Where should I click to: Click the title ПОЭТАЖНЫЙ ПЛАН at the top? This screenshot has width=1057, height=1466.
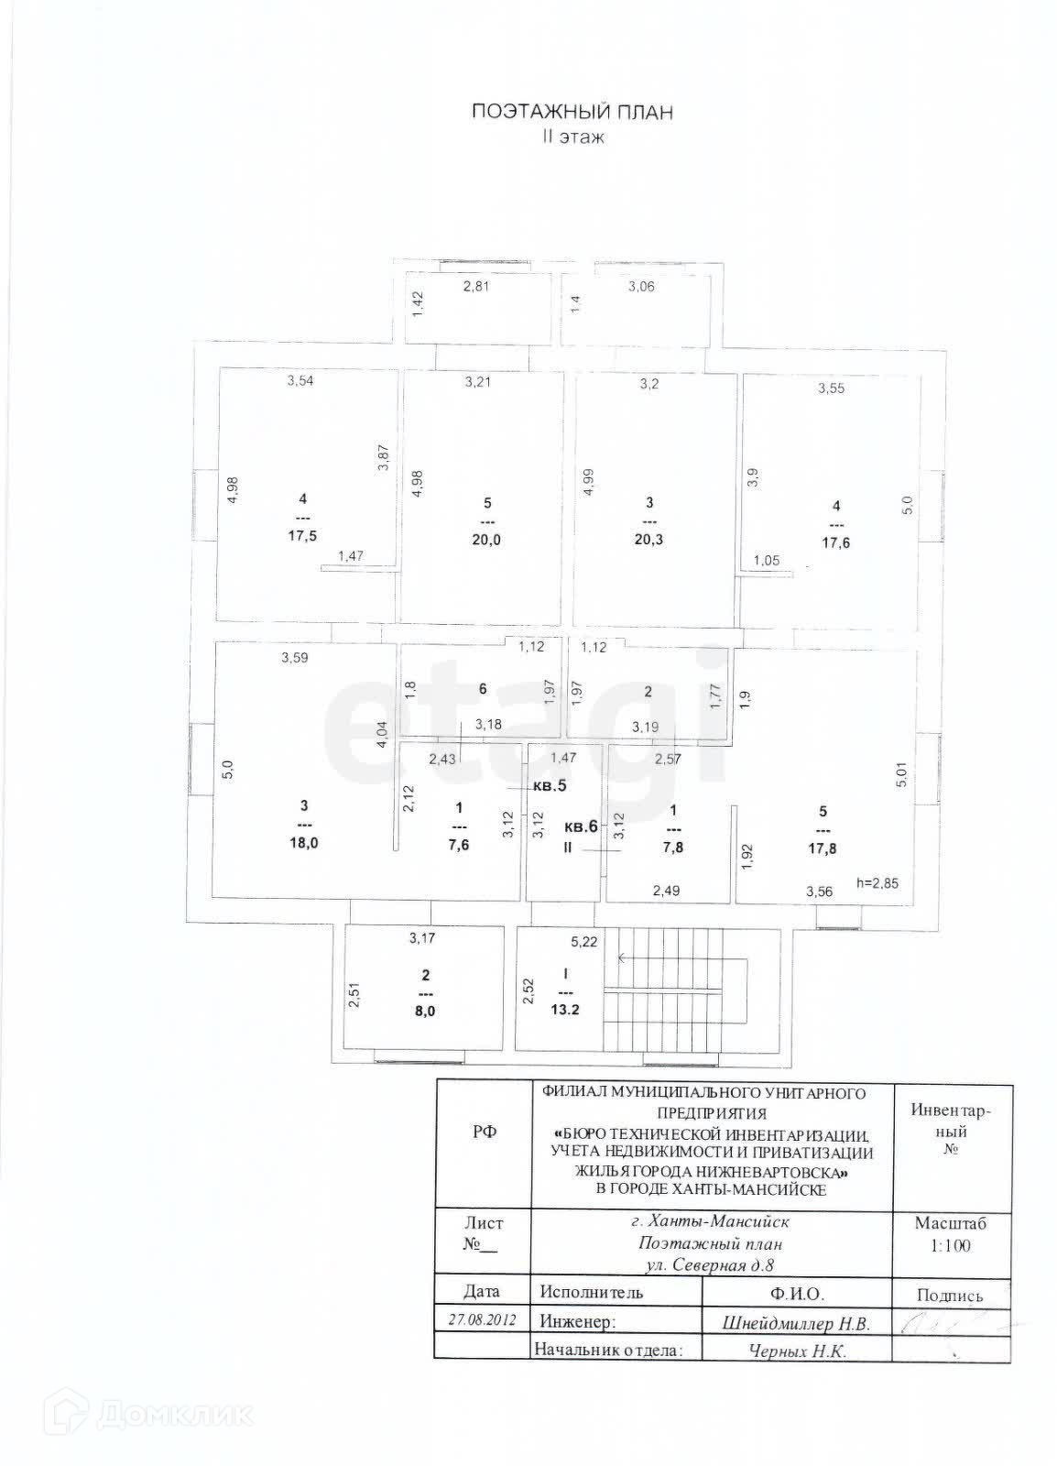572,113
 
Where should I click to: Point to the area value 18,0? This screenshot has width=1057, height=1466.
303,843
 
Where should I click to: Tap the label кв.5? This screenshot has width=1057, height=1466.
550,786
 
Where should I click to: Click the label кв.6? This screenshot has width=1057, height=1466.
581,826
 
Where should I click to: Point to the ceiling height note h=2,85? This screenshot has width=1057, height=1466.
877,884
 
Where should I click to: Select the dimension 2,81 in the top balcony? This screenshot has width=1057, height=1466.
477,287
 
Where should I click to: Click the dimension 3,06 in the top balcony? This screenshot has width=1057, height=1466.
641,287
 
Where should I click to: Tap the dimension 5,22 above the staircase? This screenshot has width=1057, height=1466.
583,941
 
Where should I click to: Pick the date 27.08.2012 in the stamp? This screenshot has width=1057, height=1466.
482,1320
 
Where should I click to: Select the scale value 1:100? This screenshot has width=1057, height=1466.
952,1245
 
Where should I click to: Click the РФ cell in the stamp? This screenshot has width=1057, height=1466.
485,1132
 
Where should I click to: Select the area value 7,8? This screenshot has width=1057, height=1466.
675,848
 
